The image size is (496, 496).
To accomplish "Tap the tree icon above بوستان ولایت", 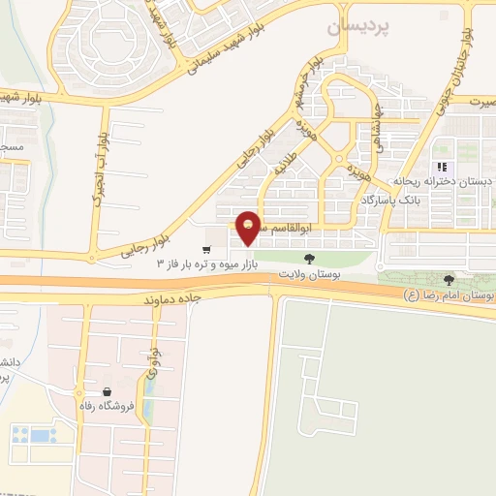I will click(308, 259).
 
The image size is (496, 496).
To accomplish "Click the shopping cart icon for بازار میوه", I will click(207, 248).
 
